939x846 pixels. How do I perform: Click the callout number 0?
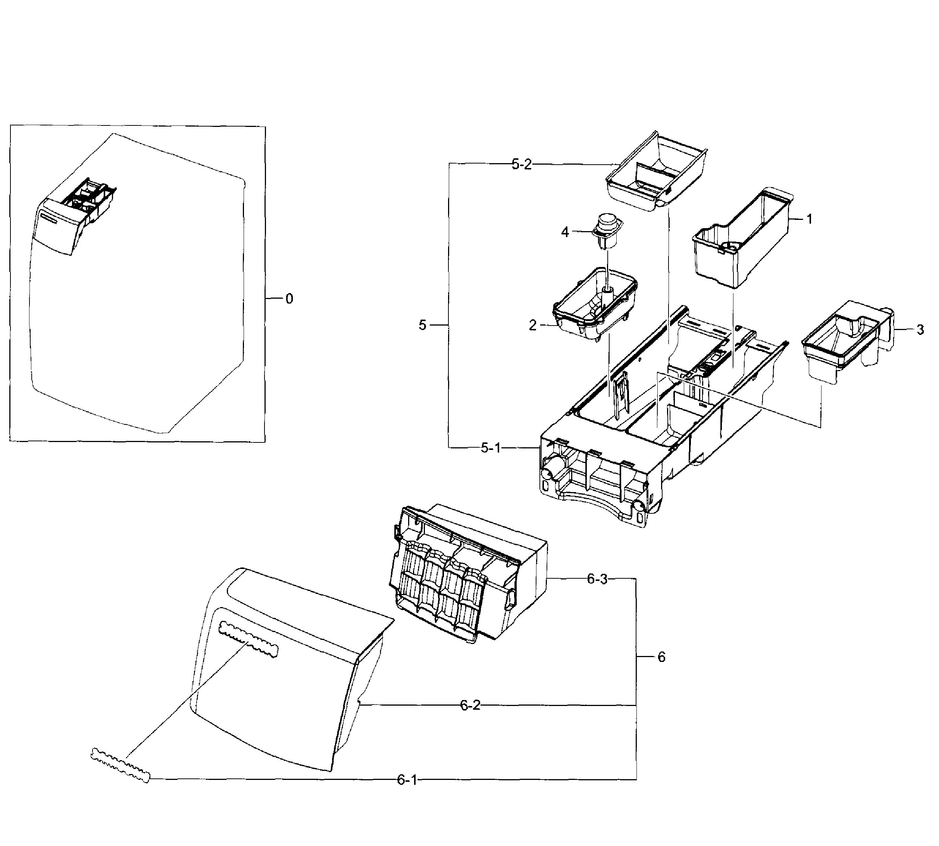(x=289, y=299)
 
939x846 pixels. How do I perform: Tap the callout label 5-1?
(x=491, y=448)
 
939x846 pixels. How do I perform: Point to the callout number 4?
(x=565, y=232)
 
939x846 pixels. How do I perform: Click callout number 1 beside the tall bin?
(x=809, y=219)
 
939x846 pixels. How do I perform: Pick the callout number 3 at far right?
(x=920, y=330)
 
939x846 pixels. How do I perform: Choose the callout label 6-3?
(x=597, y=579)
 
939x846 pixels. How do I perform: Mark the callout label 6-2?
(x=470, y=705)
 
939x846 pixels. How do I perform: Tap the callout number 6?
(x=661, y=657)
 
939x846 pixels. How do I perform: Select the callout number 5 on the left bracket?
(x=422, y=326)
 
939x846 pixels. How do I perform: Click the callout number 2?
(x=533, y=326)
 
